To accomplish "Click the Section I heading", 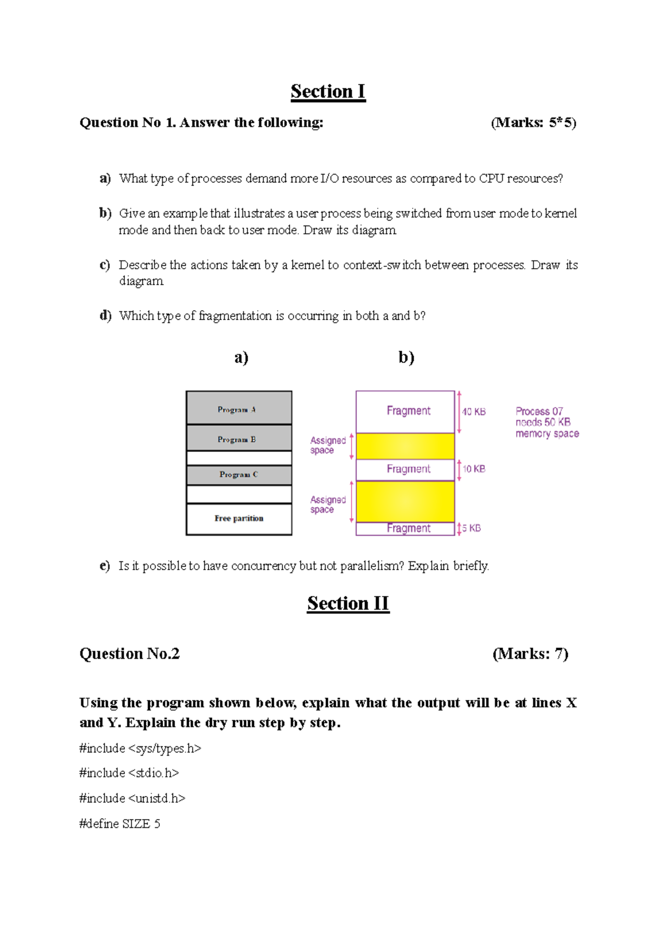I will coord(328,91).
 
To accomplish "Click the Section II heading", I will coord(348,604).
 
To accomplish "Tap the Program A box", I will coord(239,408).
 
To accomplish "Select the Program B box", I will coord(239,438).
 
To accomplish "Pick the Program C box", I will coord(239,474).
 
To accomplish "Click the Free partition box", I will coord(239,518).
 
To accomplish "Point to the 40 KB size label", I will coord(474,411).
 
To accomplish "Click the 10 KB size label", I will coord(474,469).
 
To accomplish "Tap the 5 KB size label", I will coord(471,528).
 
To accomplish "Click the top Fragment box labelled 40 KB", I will coord(405,411).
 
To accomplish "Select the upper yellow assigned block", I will coord(405,446).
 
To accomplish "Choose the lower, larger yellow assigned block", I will coord(405,501).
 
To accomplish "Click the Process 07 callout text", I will coord(546,422).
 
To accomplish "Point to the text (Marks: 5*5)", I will coord(533,123).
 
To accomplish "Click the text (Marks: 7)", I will coord(530,654).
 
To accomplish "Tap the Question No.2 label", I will coord(129,654).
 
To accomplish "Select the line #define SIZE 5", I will coord(120,823).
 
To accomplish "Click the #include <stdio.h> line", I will coord(129,773).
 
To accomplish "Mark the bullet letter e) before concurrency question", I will coord(105,566).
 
